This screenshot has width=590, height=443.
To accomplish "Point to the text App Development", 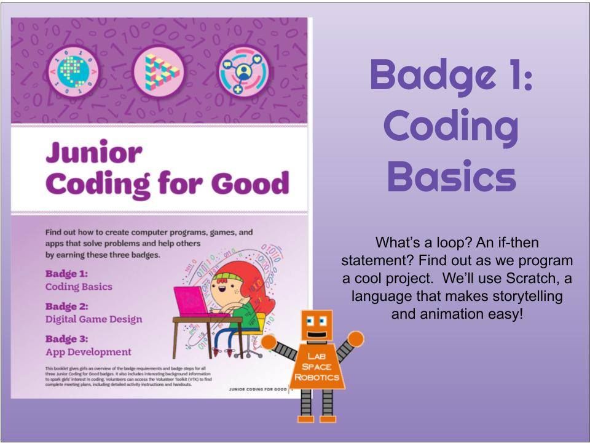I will pos(88,352).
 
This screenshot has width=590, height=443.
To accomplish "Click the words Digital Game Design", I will pos(93,319).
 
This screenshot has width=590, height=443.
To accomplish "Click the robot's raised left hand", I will pos(355,338).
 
